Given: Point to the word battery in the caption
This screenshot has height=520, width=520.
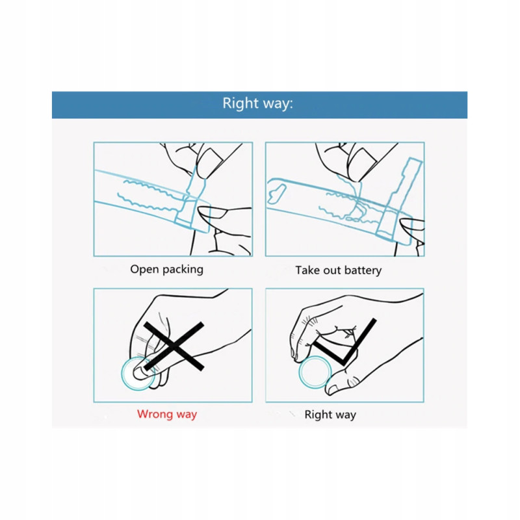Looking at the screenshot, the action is click(x=363, y=270).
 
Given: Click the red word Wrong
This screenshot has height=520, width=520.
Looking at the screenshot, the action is click(x=154, y=414).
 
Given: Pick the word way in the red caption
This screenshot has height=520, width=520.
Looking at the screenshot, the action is click(x=187, y=415).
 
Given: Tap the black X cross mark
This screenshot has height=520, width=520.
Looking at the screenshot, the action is click(x=174, y=346).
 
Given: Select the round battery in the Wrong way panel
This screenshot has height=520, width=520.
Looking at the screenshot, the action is click(x=138, y=374).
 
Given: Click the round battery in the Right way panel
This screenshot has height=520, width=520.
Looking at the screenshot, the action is click(x=315, y=372).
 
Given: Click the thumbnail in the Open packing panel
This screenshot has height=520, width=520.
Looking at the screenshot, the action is click(x=213, y=213).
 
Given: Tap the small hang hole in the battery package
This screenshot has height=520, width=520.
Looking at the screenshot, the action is click(x=277, y=194).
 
